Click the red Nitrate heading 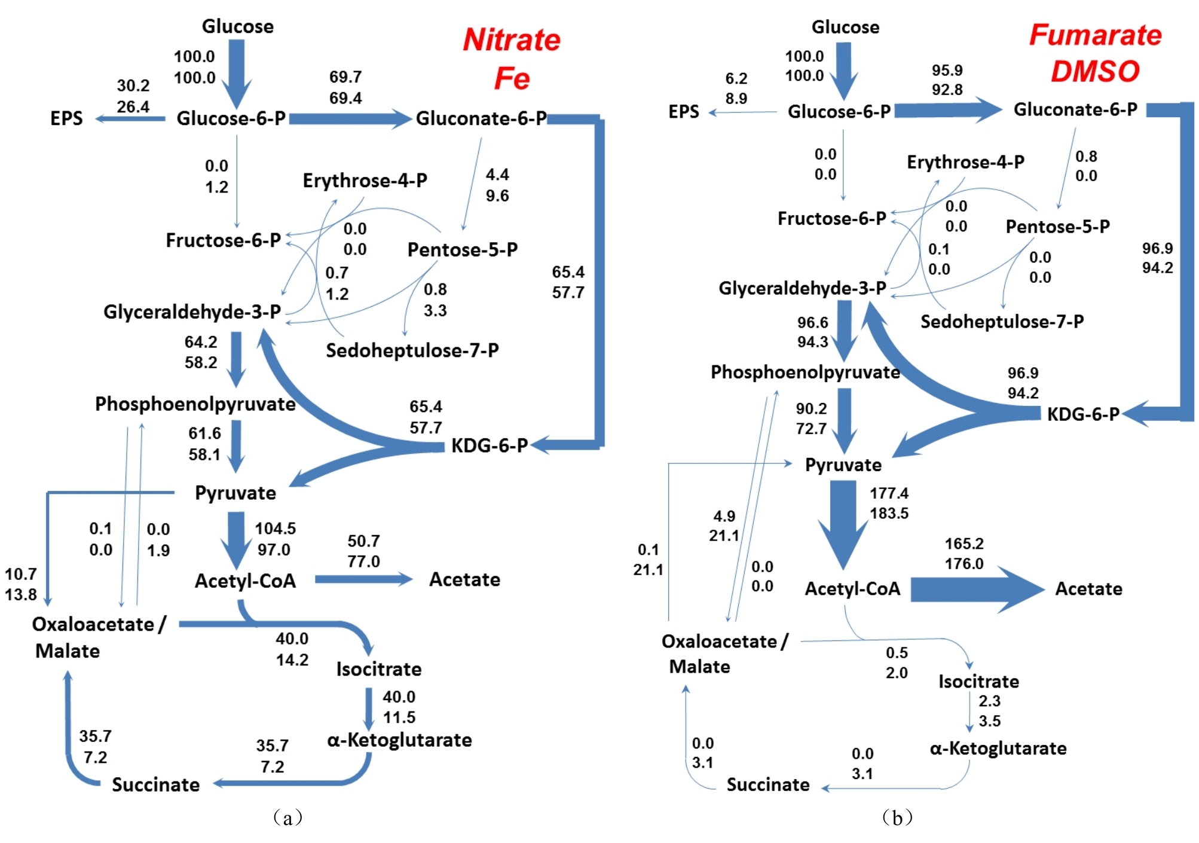(512, 39)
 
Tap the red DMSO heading (1095, 71)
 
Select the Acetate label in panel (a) (464, 579)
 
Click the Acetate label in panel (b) (1088, 589)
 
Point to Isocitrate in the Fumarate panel (978, 681)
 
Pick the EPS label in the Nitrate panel (66, 118)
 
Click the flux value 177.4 (889, 493)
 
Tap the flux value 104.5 (275, 529)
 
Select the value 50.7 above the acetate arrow (363, 541)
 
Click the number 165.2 (964, 543)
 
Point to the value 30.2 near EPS (133, 85)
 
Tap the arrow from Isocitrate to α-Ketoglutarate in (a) (369, 708)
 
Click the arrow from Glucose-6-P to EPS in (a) (130, 119)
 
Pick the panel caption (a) (287, 817)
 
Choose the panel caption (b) (897, 817)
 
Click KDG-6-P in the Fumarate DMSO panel (1083, 414)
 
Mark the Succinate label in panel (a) (155, 784)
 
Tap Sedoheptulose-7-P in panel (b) (1002, 322)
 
